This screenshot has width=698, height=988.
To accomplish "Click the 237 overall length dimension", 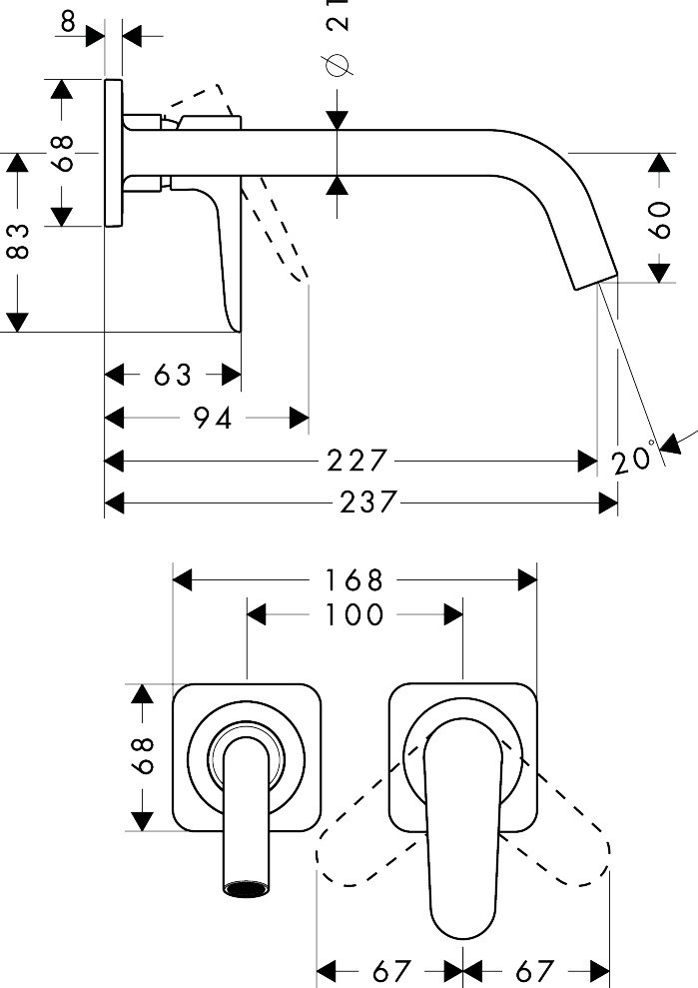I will pos(368,501).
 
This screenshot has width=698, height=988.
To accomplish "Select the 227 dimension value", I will pos(355,461).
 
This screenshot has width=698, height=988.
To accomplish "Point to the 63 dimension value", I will pos(172,375).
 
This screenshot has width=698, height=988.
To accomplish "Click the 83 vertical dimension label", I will pos(18,241).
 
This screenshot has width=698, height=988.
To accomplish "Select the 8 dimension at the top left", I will pos(67,19).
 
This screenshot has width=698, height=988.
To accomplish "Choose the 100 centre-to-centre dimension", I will pos(353,613).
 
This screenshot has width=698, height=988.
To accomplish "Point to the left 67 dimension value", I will pos(392,970).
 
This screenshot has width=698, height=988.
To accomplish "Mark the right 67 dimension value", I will pos(534,970).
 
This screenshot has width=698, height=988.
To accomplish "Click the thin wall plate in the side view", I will pos(113,152).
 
